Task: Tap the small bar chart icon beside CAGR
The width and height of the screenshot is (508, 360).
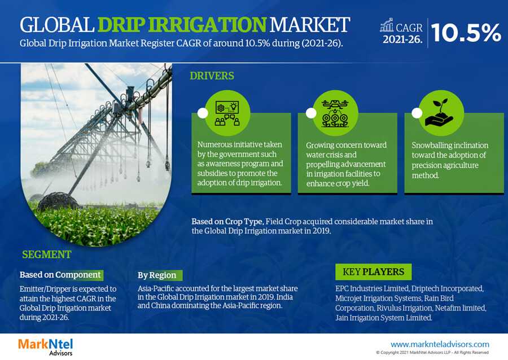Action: [387, 25]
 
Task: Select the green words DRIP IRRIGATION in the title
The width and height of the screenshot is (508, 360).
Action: [182, 25]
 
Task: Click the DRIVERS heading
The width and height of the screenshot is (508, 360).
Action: [212, 76]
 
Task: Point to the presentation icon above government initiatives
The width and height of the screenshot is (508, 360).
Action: [227, 113]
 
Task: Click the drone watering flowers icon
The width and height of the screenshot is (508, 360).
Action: [335, 113]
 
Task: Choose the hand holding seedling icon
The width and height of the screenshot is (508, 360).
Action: [440, 112]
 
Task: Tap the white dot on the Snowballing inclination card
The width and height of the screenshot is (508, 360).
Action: [417, 113]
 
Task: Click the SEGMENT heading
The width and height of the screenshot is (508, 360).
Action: [47, 254]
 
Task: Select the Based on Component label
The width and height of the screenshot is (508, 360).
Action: [60, 275]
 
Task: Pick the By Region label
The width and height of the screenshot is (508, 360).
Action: [157, 275]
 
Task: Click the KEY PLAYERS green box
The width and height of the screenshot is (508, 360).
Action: [373, 271]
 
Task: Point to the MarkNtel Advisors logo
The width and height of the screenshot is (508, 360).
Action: [45, 346]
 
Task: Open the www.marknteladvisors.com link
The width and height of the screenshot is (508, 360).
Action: [440, 344]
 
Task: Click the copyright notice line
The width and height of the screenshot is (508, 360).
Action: [432, 352]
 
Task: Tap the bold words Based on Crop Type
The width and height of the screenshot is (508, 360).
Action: [227, 222]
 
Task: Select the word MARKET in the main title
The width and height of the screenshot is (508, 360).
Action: [309, 25]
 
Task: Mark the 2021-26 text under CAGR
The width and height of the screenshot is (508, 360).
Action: [402, 39]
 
